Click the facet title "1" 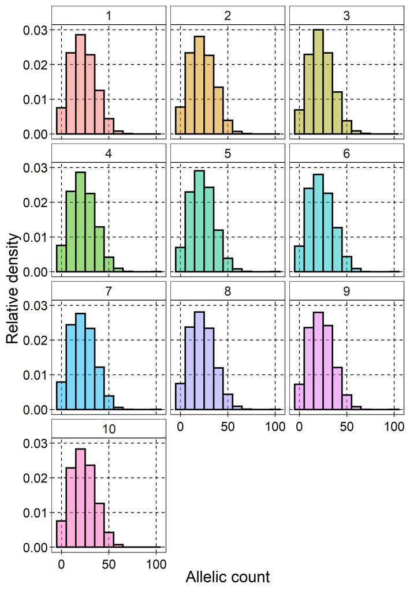tap(109, 15)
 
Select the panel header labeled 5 tap(228, 153)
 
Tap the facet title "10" tap(109, 429)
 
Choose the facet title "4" tap(109, 153)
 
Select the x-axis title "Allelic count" tap(228, 577)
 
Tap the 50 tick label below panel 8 tap(228, 428)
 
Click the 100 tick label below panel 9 tap(394, 428)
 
